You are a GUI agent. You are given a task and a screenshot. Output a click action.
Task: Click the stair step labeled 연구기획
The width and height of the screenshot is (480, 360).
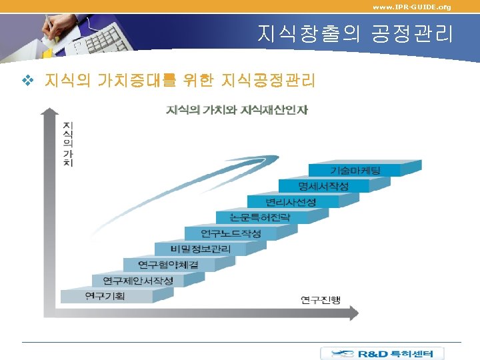[105, 295]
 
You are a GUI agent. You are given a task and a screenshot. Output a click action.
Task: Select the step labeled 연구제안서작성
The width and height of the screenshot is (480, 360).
[138, 280]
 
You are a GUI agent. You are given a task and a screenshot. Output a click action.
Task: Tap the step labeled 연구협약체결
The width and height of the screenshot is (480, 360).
[169, 264]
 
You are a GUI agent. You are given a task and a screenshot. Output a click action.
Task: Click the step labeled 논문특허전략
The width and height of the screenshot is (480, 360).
[260, 217]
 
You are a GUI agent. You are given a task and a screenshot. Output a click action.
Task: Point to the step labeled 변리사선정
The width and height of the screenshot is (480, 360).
[290, 201]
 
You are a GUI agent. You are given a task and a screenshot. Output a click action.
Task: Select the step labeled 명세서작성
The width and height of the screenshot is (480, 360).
[323, 185]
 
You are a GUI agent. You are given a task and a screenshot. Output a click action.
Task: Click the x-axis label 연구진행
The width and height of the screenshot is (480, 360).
[320, 300]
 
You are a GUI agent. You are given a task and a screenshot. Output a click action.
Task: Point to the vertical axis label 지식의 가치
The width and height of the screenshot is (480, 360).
[67, 143]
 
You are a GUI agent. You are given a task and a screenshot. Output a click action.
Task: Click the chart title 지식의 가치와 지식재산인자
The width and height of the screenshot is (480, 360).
[237, 109]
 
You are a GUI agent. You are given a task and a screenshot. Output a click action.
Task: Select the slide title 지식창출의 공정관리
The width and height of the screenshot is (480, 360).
[355, 33]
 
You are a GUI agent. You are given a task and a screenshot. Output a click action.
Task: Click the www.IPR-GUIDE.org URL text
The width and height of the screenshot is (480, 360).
[411, 7]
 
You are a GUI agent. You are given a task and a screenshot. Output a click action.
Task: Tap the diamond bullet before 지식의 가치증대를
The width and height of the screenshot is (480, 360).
[27, 81]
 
